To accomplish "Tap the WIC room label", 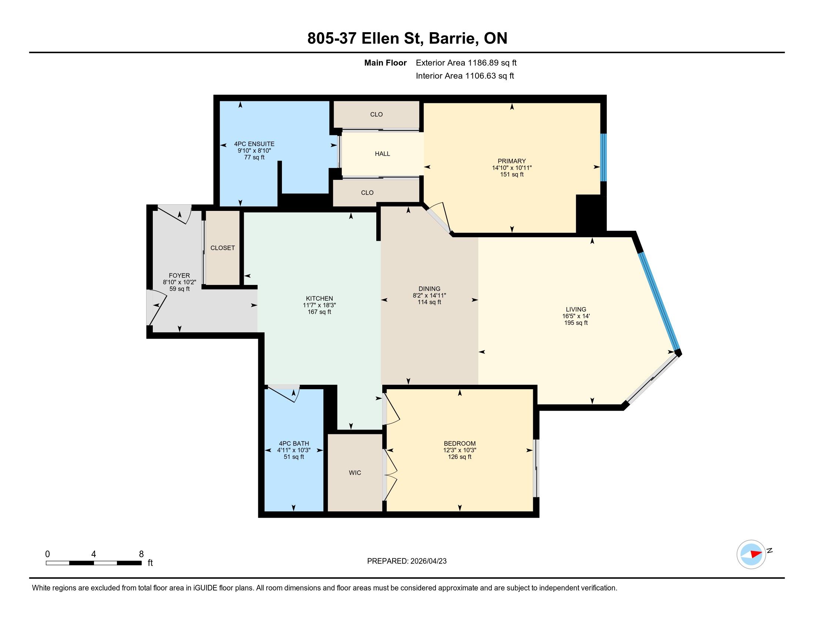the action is click(355, 472).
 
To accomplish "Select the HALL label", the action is click(383, 154).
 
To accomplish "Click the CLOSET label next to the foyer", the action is click(222, 248).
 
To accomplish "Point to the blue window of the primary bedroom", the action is click(603, 158).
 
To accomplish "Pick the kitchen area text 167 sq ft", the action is click(319, 312).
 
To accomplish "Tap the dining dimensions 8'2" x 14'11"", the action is click(429, 296).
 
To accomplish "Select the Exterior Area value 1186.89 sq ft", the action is click(492, 63).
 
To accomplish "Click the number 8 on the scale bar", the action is click(141, 554).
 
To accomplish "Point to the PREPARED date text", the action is click(407, 561).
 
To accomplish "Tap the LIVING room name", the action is click(576, 309).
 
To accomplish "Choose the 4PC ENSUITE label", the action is click(254, 144).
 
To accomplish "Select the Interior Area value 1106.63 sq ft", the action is click(490, 76).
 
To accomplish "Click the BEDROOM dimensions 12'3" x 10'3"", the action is click(460, 450).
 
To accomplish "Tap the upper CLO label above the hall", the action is click(376, 114).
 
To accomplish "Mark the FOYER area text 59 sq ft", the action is click(179, 289).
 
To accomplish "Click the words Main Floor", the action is click(386, 63).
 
